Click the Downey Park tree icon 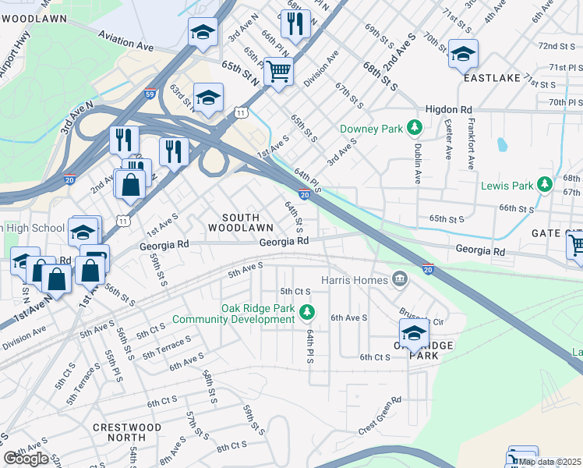point(415,127)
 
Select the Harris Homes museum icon point(400,278)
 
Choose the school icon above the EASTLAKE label point(463,54)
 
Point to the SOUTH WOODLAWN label point(240,222)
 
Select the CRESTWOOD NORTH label point(127,433)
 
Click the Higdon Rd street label point(449,110)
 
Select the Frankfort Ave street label point(471,144)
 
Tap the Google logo point(26,459)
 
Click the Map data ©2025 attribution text point(550,462)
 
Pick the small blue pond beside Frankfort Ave point(501,145)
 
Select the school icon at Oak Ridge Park point(414,333)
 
